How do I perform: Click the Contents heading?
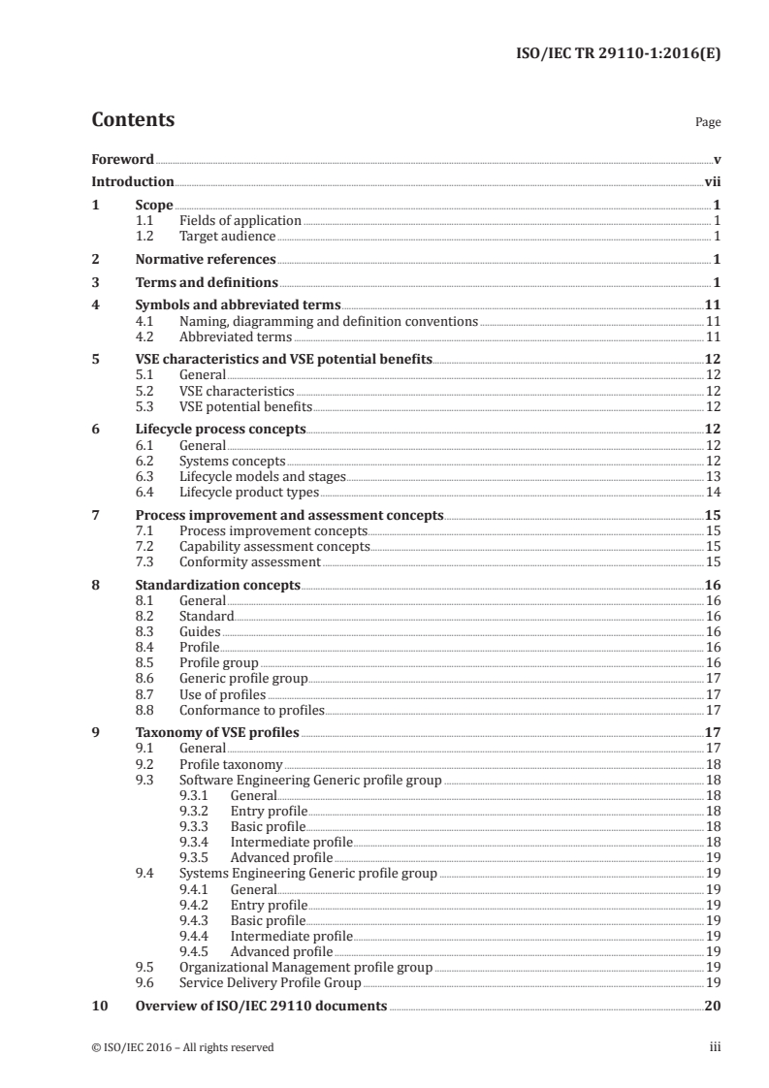point(133,120)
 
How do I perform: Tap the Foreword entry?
point(122,159)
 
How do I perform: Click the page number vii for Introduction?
point(712,181)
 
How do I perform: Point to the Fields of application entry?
point(240,221)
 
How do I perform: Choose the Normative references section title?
point(206,259)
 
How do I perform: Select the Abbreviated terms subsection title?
point(236,337)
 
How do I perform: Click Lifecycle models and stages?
point(262,476)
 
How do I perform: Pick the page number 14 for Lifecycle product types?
point(713,493)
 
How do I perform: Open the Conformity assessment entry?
point(250,561)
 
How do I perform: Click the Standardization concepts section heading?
point(218,586)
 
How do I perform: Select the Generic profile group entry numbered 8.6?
point(243,679)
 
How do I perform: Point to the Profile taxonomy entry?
point(231,765)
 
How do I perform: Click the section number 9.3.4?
point(197,843)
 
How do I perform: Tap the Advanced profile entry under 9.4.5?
point(281,951)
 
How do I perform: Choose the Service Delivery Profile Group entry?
point(264,982)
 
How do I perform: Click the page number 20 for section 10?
point(712,1007)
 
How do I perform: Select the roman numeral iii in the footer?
point(715,1047)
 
